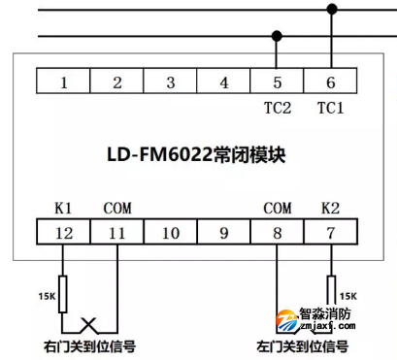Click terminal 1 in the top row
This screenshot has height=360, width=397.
63,82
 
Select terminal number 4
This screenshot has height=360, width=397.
224,82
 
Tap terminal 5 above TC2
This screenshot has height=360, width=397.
278,82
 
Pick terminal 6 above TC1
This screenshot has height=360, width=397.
331,82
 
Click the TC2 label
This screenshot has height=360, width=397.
278,109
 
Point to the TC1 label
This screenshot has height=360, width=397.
331,109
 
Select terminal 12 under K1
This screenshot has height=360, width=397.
63,233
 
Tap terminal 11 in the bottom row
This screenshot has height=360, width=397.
116,233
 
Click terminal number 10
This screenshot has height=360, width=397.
171,233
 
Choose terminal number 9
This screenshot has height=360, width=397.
224,233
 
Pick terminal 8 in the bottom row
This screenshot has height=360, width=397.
278,233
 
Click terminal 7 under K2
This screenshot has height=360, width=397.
331,233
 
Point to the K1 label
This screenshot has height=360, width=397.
63,208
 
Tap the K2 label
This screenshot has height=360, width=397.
331,208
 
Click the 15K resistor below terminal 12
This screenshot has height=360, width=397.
63,296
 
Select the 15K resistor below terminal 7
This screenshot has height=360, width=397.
331,288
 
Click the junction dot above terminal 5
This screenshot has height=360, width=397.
278,36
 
